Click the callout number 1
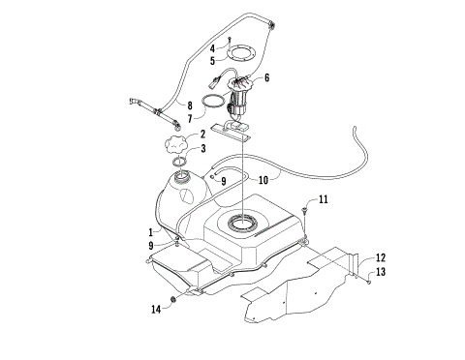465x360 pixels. tap(150, 232)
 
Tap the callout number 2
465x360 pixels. tap(201, 135)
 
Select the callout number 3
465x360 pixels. tap(202, 148)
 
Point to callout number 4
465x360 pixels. tap(212, 46)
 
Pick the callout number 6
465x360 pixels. tap(265, 77)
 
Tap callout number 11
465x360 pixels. tap(324, 199)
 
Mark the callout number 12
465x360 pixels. tap(380, 256)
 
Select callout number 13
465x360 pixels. tap(380, 273)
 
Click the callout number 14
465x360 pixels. tap(154, 309)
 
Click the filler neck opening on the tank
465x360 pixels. tap(179, 178)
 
